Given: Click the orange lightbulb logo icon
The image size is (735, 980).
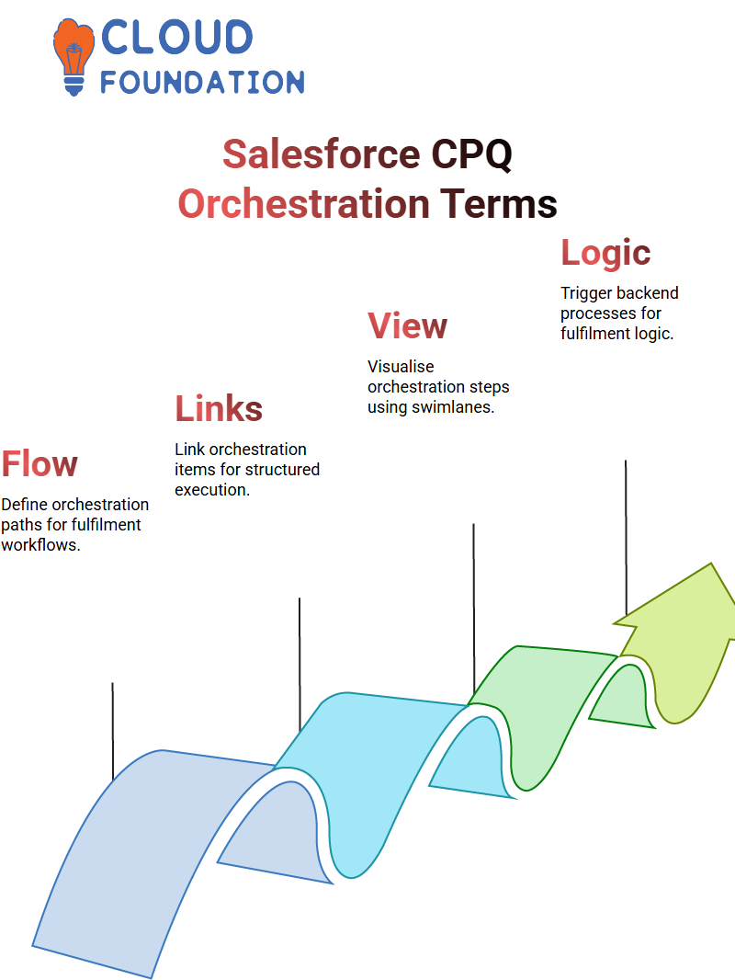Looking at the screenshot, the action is pos(73,56).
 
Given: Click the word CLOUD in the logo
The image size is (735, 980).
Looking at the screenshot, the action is pos(176,37).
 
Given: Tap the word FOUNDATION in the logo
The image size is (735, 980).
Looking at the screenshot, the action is pos(202,82).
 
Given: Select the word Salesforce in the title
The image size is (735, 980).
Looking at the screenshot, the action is pos(321,154).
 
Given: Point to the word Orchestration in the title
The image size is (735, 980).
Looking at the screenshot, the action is pos(303,204).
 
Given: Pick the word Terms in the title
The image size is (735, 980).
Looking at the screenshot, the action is pos(498,204).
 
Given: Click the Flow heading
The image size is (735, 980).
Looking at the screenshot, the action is pos(40,463).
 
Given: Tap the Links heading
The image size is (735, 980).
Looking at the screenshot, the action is pos(219,408).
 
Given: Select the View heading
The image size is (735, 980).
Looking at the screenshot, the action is pos(407,325).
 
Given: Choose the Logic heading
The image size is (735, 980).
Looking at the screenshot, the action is pos(605,253).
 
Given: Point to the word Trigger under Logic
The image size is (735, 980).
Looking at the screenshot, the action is pos(584,293).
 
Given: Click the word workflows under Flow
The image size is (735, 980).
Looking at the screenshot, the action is pos(40,544).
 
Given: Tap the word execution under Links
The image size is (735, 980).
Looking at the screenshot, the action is pos(212,489).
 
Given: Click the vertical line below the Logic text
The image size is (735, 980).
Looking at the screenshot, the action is pos(626,538).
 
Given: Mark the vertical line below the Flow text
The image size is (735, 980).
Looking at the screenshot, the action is pos(113,731).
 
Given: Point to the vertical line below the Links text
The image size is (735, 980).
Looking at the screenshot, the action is pos(300,665).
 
